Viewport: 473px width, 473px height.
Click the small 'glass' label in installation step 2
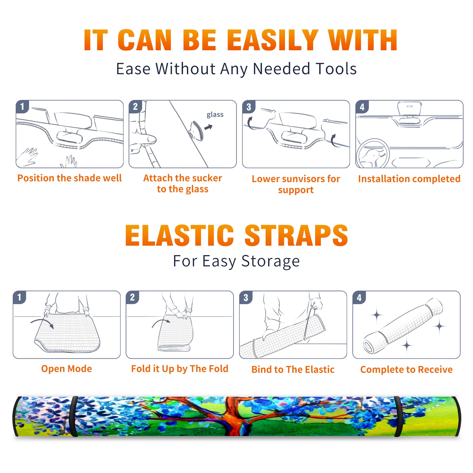(215, 115)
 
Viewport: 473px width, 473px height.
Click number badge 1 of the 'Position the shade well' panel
(22, 106)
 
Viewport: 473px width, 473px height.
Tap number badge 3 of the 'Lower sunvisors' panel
(249, 107)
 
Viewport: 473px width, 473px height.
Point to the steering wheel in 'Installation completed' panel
(373, 153)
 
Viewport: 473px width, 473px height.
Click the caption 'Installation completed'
(409, 179)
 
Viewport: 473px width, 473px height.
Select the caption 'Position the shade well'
(69, 178)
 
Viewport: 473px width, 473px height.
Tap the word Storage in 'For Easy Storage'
(270, 261)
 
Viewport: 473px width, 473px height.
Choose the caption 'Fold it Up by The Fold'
(180, 369)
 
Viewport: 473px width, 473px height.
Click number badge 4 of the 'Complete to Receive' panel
(359, 297)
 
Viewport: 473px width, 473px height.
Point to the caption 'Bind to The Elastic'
(293, 370)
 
